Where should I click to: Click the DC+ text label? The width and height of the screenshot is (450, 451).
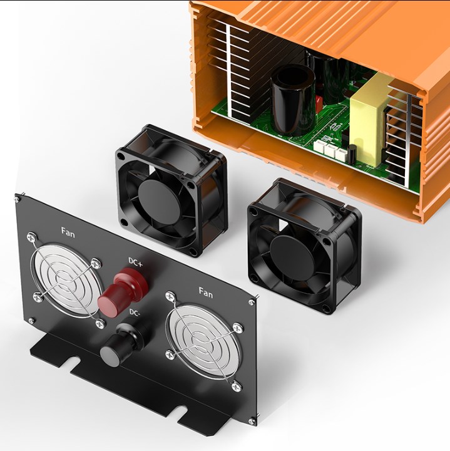point(135,262)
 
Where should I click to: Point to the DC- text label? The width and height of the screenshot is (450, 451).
point(135,313)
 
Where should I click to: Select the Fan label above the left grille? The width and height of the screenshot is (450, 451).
point(68,232)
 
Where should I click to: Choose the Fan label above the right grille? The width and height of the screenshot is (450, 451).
point(206,293)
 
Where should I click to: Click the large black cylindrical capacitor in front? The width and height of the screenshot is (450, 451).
point(293,101)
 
